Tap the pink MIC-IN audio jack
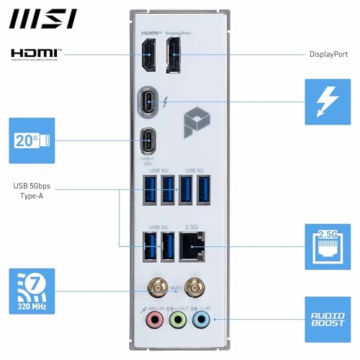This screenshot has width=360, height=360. pos(153,318)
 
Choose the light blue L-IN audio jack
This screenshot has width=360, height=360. pos(203,318)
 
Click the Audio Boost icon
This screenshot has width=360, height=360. pos(328,318)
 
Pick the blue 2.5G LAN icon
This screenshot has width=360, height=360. pos(328,245)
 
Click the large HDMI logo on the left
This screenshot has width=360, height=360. pos(36,54)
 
